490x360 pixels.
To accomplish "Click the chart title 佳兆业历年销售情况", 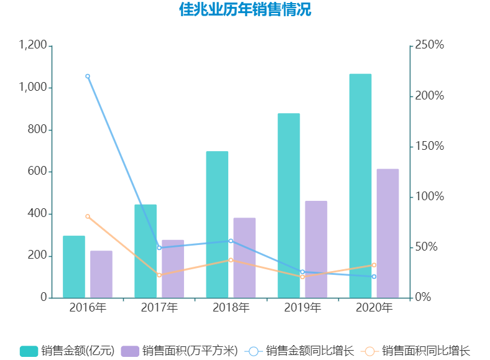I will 245,11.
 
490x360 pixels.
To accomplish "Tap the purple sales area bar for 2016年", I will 101,274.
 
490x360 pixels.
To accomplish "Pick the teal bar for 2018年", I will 217,224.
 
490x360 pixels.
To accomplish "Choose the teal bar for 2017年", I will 146,251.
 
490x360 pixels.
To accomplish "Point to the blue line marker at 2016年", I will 88,76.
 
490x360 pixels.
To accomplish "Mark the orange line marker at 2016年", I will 88,216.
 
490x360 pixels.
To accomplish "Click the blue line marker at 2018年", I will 231,241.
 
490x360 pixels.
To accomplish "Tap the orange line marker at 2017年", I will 159,275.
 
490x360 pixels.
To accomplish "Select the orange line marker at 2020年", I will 374,265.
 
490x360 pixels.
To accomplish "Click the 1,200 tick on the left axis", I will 33,45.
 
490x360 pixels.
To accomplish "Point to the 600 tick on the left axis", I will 38,172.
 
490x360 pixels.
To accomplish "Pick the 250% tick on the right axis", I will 430,45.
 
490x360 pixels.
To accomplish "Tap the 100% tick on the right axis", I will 430,196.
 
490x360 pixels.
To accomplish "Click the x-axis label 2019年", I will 303,308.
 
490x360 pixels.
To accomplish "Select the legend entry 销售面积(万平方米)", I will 180,351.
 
